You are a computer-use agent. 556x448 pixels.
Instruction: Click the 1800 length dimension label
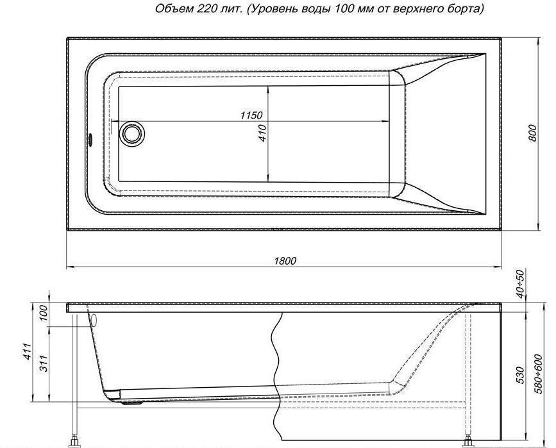285,261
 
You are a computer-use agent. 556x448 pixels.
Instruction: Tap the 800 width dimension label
533,133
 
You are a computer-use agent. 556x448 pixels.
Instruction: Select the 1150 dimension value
251,115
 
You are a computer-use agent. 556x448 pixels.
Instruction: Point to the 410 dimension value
262,133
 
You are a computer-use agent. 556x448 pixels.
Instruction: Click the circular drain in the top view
132,133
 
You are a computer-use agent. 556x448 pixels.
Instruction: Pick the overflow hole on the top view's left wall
90,139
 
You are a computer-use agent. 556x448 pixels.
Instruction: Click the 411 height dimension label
28,352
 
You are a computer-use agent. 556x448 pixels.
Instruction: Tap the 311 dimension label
44,363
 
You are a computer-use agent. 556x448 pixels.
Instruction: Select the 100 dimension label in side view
43,313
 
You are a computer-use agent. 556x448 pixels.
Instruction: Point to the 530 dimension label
520,375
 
